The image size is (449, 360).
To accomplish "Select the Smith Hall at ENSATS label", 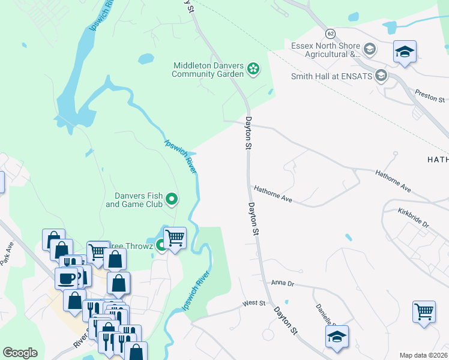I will click(x=331, y=76).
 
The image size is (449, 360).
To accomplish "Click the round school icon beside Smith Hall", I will click(x=380, y=76).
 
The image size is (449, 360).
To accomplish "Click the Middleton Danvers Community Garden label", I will click(x=208, y=70).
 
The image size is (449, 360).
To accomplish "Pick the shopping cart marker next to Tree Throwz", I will click(x=175, y=238).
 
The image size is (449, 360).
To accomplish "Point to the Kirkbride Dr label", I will click(x=414, y=218).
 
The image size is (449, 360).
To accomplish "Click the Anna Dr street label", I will click(x=283, y=283).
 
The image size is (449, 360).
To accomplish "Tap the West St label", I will click(x=253, y=304).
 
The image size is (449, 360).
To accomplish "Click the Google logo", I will click(x=20, y=353).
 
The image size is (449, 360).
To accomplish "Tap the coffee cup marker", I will click(x=66, y=278).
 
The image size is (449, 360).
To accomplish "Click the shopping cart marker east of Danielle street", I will click(x=424, y=312).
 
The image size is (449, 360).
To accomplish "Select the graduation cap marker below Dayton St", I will click(x=337, y=337).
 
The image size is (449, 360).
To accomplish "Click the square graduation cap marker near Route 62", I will click(x=405, y=52).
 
